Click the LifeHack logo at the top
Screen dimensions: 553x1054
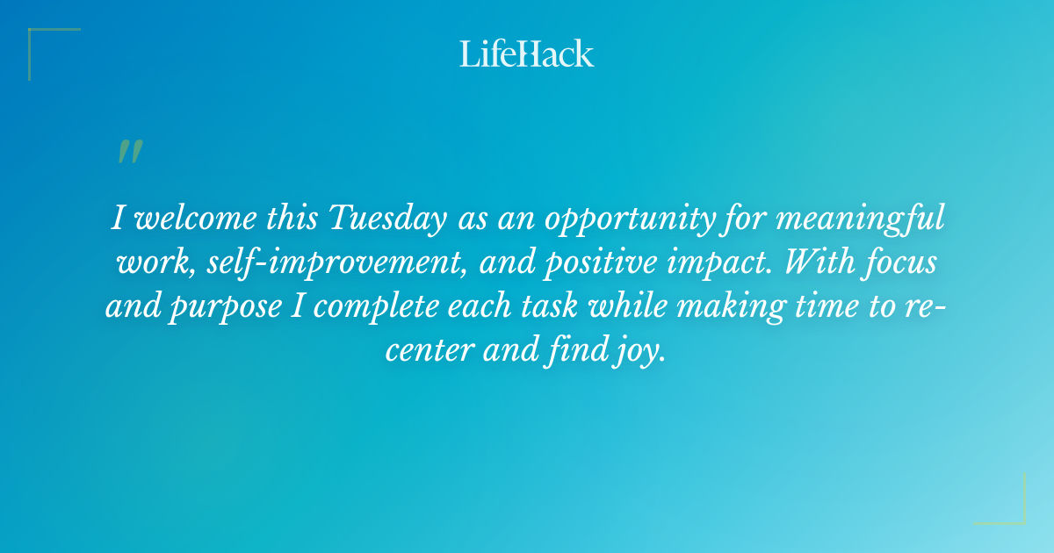527,54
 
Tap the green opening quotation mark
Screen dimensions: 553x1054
129,152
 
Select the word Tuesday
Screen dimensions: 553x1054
386,219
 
